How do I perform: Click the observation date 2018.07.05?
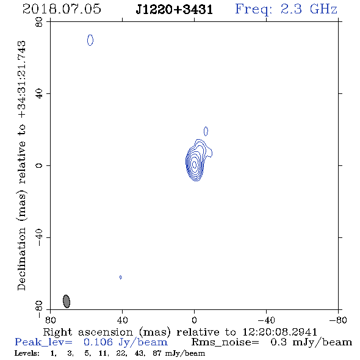(62, 9)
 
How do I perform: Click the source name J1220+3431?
(175, 9)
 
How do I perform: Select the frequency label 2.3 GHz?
(309, 9)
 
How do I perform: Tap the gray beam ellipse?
(67, 301)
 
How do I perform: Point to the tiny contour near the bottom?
(121, 277)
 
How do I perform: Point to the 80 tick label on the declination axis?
(39, 22)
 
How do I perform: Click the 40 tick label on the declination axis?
(39, 94)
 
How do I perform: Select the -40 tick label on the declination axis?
(39, 237)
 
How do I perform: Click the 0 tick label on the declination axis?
(39, 165)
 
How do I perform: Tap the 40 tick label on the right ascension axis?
(122, 320)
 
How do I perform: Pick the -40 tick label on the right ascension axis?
(266, 320)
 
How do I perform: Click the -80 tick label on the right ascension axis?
(338, 320)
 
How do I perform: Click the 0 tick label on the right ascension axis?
(194, 320)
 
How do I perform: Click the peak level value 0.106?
(98, 342)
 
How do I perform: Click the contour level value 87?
(157, 353)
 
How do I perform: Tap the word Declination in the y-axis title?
(21, 259)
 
